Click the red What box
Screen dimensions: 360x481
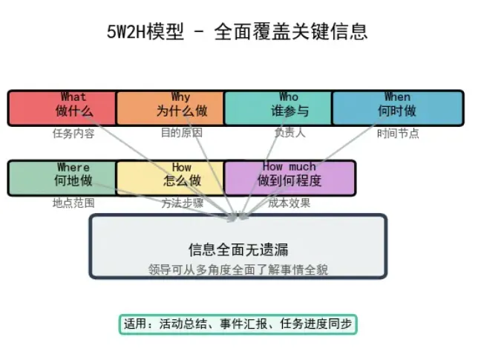(x=62, y=108)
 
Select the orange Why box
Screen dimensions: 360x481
(x=170, y=108)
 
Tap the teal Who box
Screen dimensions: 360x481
(x=278, y=108)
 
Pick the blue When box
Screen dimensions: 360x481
(x=397, y=108)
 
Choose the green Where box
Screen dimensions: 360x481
(x=62, y=177)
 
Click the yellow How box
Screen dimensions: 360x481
(x=170, y=177)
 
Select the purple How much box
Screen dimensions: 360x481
(x=289, y=177)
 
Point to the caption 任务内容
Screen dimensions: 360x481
(x=73, y=134)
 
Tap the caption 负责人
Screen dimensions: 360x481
(x=289, y=133)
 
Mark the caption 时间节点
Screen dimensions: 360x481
(x=398, y=134)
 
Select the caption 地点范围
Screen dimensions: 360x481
(x=73, y=203)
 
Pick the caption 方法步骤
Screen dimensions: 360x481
(x=182, y=203)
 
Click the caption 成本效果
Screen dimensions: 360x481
(x=289, y=203)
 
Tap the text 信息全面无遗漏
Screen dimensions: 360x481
(x=238, y=249)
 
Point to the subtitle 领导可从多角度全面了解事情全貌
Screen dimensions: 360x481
(x=238, y=269)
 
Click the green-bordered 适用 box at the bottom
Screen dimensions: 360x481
(x=238, y=324)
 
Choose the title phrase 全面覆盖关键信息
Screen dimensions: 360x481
(x=290, y=32)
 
